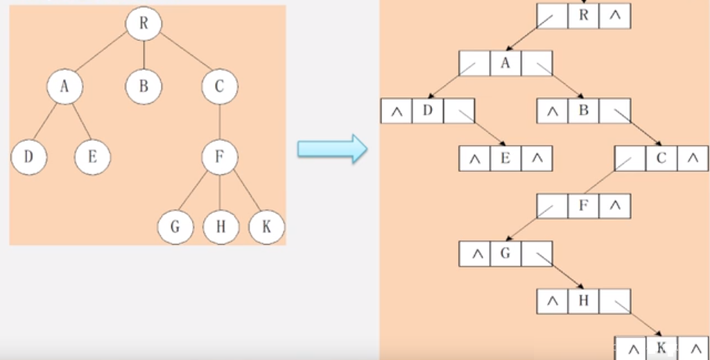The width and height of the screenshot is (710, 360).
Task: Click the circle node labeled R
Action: [x=144, y=23]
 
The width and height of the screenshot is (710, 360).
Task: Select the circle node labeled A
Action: [x=65, y=87]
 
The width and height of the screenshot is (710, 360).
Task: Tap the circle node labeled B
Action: [x=144, y=87]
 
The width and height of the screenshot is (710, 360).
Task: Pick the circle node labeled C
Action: [x=220, y=87]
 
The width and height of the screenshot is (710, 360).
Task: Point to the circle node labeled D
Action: [x=28, y=157]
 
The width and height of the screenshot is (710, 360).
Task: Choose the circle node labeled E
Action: [x=92, y=157]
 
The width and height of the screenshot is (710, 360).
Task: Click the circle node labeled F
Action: [x=220, y=157]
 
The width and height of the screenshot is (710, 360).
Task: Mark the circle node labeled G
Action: [x=175, y=227]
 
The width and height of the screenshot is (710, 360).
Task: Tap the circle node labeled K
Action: [x=266, y=227]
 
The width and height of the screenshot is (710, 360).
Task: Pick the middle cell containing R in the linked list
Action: [x=583, y=16]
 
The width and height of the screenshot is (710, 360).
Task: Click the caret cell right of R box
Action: [x=615, y=16]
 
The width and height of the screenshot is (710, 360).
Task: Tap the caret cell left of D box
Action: [x=397, y=112]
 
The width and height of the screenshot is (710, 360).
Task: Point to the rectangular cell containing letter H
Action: [x=583, y=301]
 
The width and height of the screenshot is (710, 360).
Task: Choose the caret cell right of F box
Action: [x=615, y=206]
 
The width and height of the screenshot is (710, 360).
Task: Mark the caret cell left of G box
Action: [x=475, y=254]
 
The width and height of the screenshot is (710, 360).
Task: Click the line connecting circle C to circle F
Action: [x=220, y=121]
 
